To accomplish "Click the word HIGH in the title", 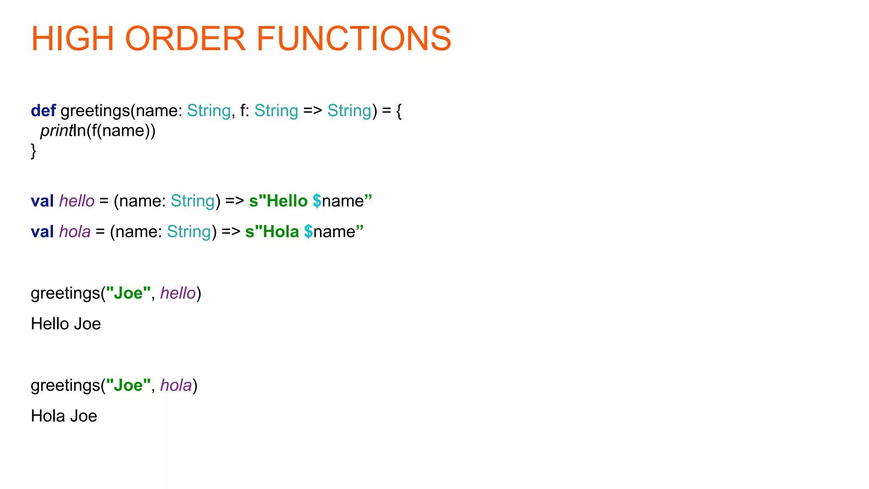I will [73, 39].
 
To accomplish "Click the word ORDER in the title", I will [185, 39].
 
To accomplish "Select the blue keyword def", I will [43, 111].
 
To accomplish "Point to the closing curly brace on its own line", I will [34, 151].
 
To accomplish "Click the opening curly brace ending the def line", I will [398, 111].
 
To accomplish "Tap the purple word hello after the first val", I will [77, 201].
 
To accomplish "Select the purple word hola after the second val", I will [75, 232].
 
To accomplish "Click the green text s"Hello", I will [278, 201].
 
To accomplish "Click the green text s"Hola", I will [272, 232].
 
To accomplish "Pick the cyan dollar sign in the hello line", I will [317, 201].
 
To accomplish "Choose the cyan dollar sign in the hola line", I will [308, 232].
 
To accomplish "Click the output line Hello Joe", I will [66, 324].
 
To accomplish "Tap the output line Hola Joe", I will [64, 416].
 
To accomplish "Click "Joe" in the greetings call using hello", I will [128, 293].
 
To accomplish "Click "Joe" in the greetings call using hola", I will [128, 385].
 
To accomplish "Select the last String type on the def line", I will [349, 111].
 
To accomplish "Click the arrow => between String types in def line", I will [313, 111].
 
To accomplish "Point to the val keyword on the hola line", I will [42, 232].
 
